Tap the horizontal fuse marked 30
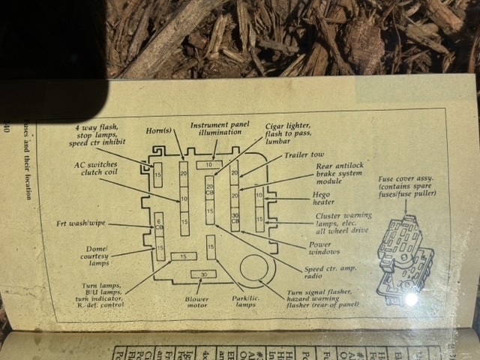pos(203,274)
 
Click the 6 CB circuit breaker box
pos(159,221)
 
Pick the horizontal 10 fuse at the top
pos(208,164)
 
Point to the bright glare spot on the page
pos(410,298)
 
